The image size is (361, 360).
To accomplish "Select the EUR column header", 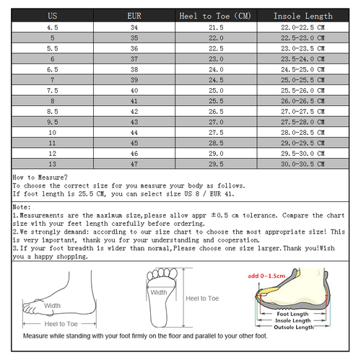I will pos(134,15).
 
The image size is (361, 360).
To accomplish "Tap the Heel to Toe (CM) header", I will pos(216,15).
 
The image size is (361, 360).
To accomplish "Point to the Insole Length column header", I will pos(303,15).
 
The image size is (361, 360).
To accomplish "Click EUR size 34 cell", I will pos(134,26).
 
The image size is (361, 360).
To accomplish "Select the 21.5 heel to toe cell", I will pos(216,26).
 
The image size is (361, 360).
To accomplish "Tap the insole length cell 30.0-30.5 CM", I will pos(303,164).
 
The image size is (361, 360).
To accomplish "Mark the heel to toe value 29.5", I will pos(216,164).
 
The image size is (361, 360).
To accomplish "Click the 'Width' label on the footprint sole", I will pos(159,292).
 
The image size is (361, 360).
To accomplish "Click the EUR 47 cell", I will pos(134,164).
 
